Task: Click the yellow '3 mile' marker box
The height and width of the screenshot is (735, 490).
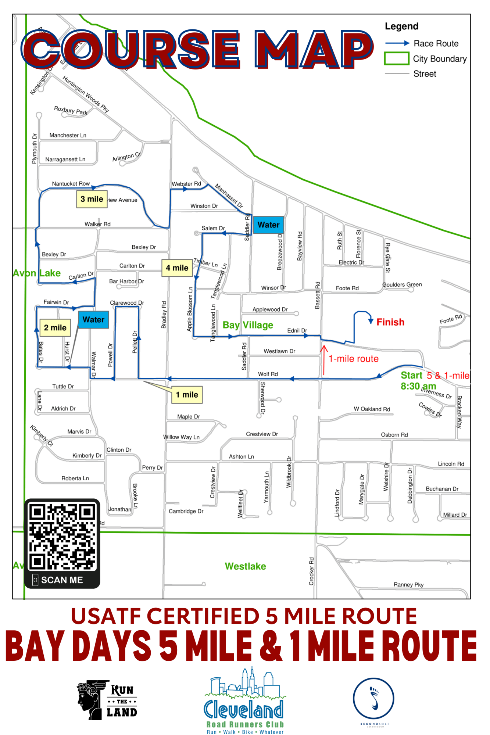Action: pyautogui.click(x=92, y=199)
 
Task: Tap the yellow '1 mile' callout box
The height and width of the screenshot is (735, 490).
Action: pyautogui.click(x=187, y=395)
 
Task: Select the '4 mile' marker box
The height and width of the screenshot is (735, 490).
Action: pyautogui.click(x=177, y=268)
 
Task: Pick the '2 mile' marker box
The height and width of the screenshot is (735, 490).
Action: pyautogui.click(x=55, y=327)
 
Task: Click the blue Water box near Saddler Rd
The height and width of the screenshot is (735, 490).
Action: pyautogui.click(x=268, y=225)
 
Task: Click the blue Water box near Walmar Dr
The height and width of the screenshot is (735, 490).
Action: pyautogui.click(x=93, y=320)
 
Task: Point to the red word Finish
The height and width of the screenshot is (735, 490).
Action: pyautogui.click(x=390, y=322)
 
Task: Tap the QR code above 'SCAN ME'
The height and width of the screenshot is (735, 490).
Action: pyautogui.click(x=62, y=537)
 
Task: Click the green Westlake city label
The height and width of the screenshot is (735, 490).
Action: pyautogui.click(x=245, y=566)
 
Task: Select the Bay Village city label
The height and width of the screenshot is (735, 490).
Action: pyautogui.click(x=248, y=325)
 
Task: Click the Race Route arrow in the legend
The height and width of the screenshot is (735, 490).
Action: pyautogui.click(x=397, y=43)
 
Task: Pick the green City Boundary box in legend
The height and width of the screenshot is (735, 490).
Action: pyautogui.click(x=397, y=58)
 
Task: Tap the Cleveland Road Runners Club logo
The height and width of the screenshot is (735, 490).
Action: pyautogui.click(x=244, y=702)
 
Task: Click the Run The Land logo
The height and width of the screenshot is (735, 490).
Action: pyautogui.click(x=107, y=700)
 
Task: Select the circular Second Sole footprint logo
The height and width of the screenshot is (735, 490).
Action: pyautogui.click(x=373, y=699)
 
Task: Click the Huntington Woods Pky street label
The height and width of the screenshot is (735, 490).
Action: pyautogui.click(x=86, y=94)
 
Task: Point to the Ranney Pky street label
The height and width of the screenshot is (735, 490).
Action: pyautogui.click(x=408, y=585)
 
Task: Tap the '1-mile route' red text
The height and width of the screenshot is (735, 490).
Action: pyautogui.click(x=353, y=359)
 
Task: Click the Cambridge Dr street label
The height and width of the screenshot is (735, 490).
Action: pyautogui.click(x=186, y=511)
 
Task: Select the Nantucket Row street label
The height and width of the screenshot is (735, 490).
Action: pyautogui.click(x=71, y=184)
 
